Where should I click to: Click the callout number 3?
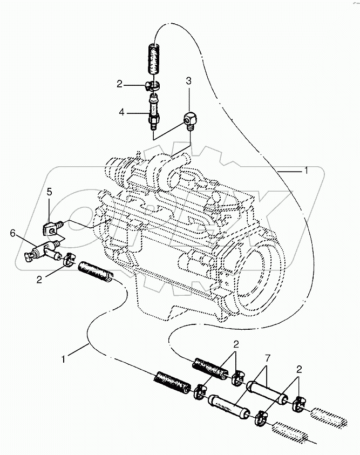point(188,82)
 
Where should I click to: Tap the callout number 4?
point(122,112)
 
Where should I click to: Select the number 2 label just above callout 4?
point(120,84)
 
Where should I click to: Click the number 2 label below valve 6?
point(38,280)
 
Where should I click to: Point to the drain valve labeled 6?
point(43,251)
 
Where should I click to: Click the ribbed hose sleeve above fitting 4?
point(153,59)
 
